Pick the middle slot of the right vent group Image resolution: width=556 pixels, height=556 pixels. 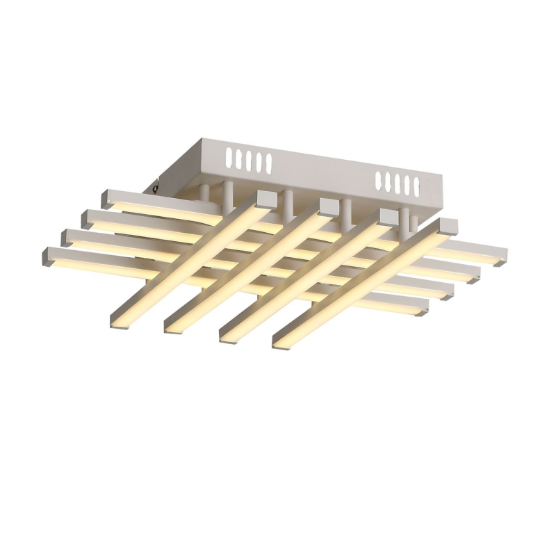(397, 181)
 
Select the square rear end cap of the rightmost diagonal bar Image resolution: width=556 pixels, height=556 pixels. (448, 227)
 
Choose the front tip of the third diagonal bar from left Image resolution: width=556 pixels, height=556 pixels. (229, 334)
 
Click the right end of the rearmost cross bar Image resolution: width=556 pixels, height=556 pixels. (502, 261)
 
